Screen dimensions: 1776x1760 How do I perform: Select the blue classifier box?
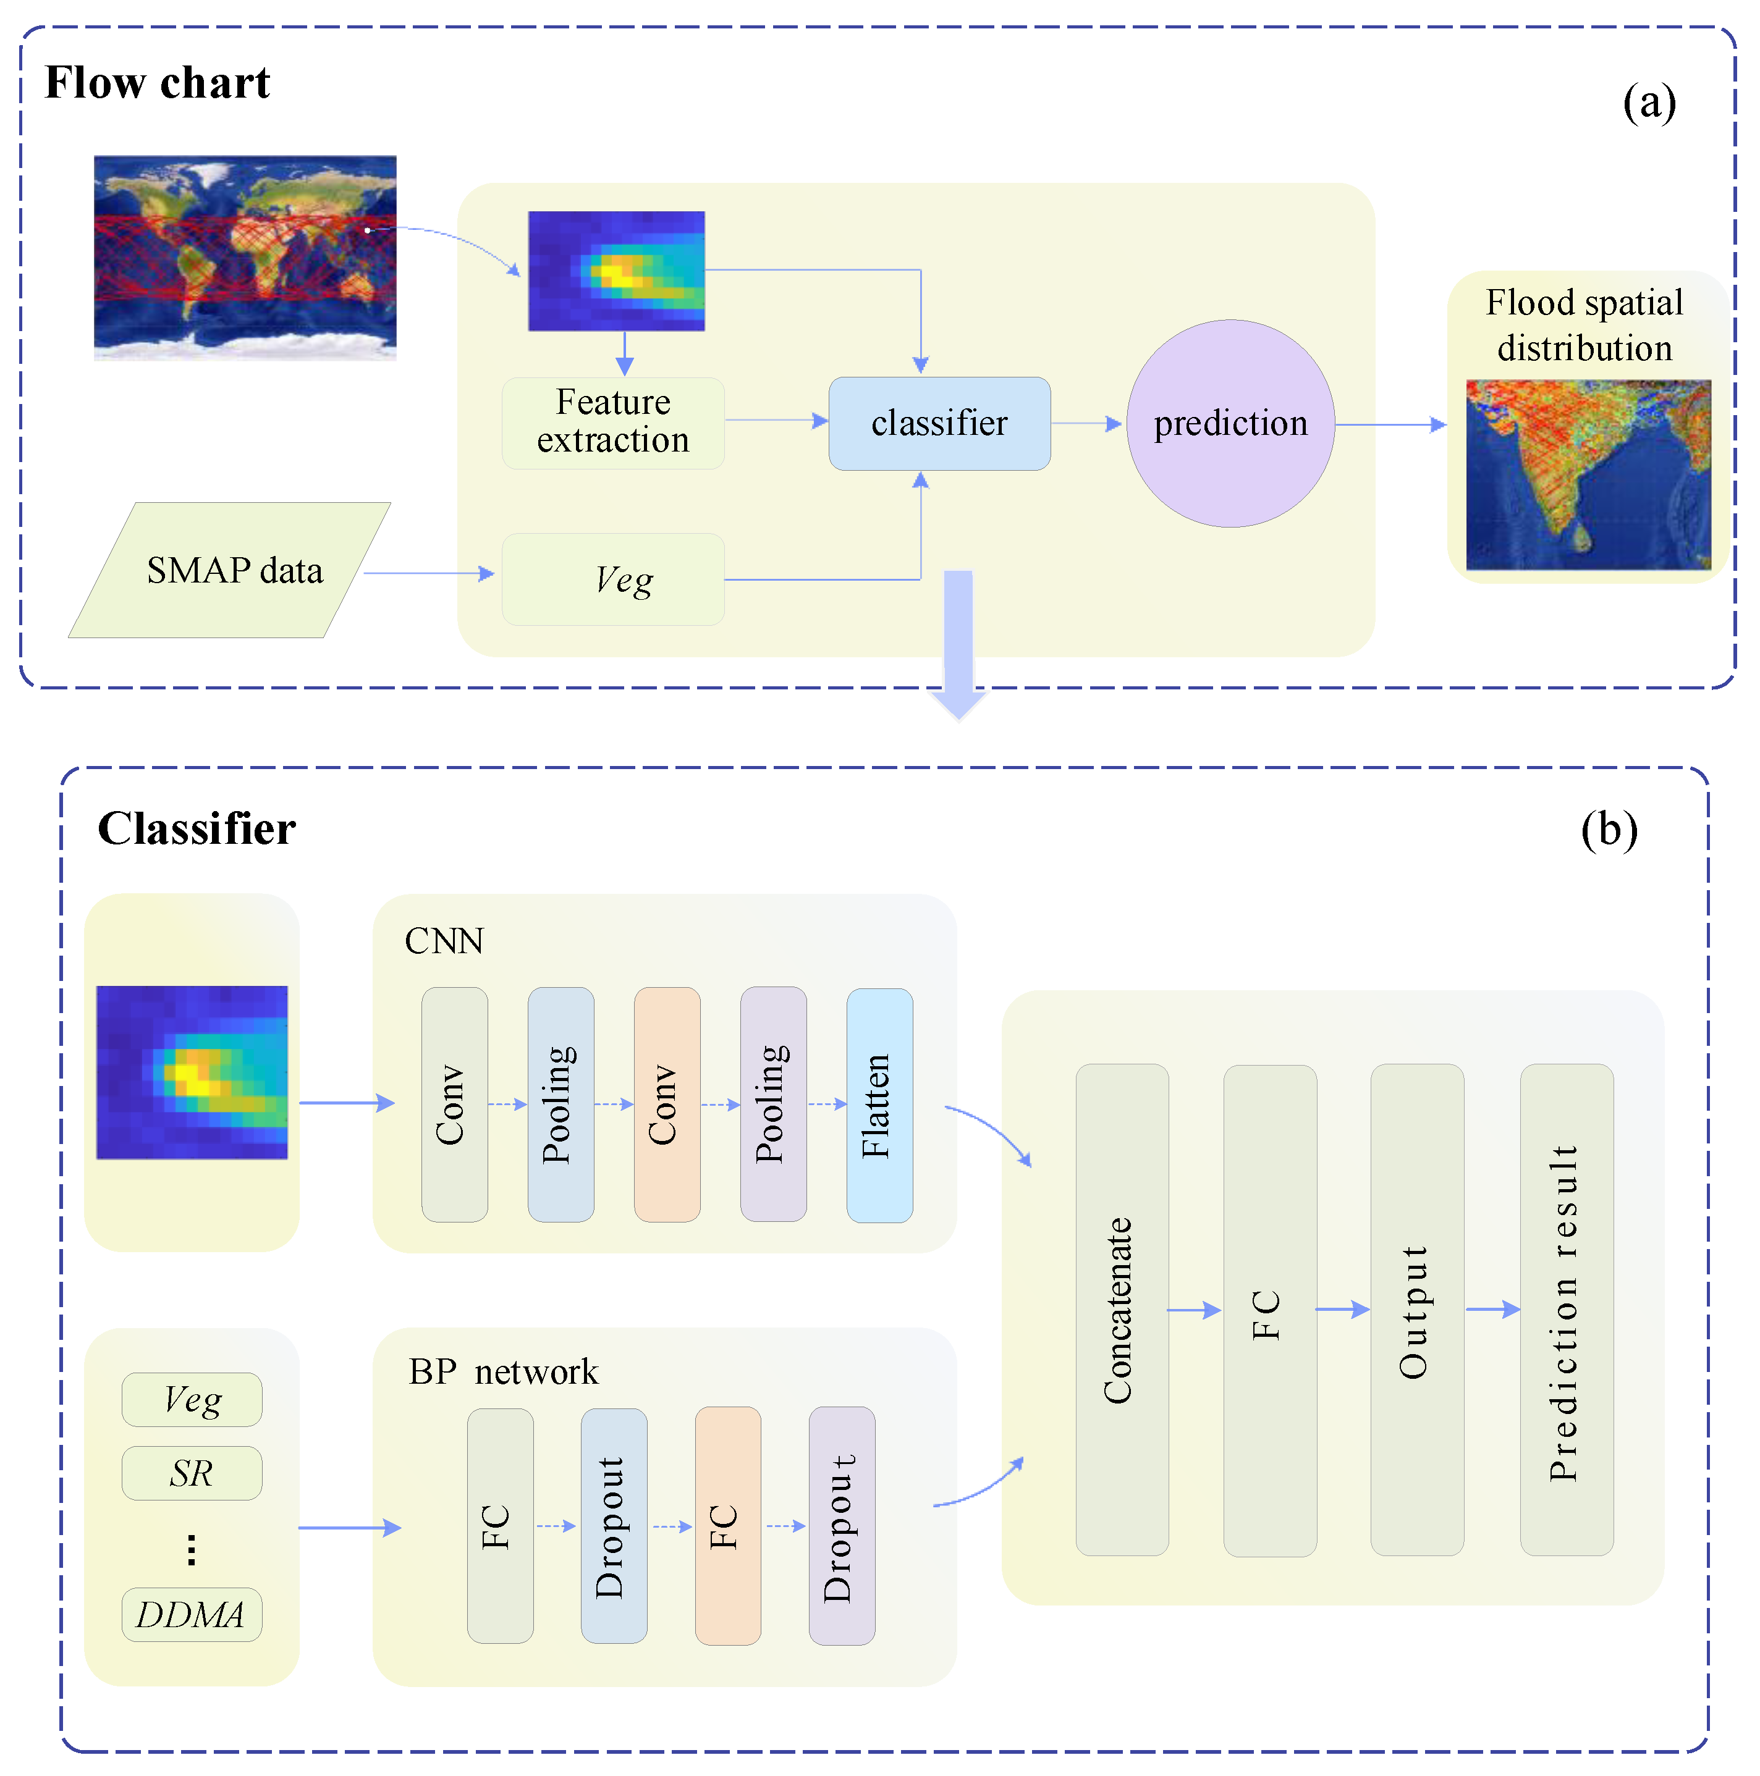tap(939, 423)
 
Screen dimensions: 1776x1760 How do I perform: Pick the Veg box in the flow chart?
tap(612, 579)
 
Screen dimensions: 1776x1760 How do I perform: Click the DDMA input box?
tap(192, 1614)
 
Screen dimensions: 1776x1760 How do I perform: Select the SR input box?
tap(192, 1473)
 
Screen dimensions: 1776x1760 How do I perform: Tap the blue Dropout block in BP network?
tap(613, 1525)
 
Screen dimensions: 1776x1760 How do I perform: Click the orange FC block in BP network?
tap(727, 1525)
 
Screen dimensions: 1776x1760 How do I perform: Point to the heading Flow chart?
tap(157, 83)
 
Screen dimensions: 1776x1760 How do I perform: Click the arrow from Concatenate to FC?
tap(1195, 1310)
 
